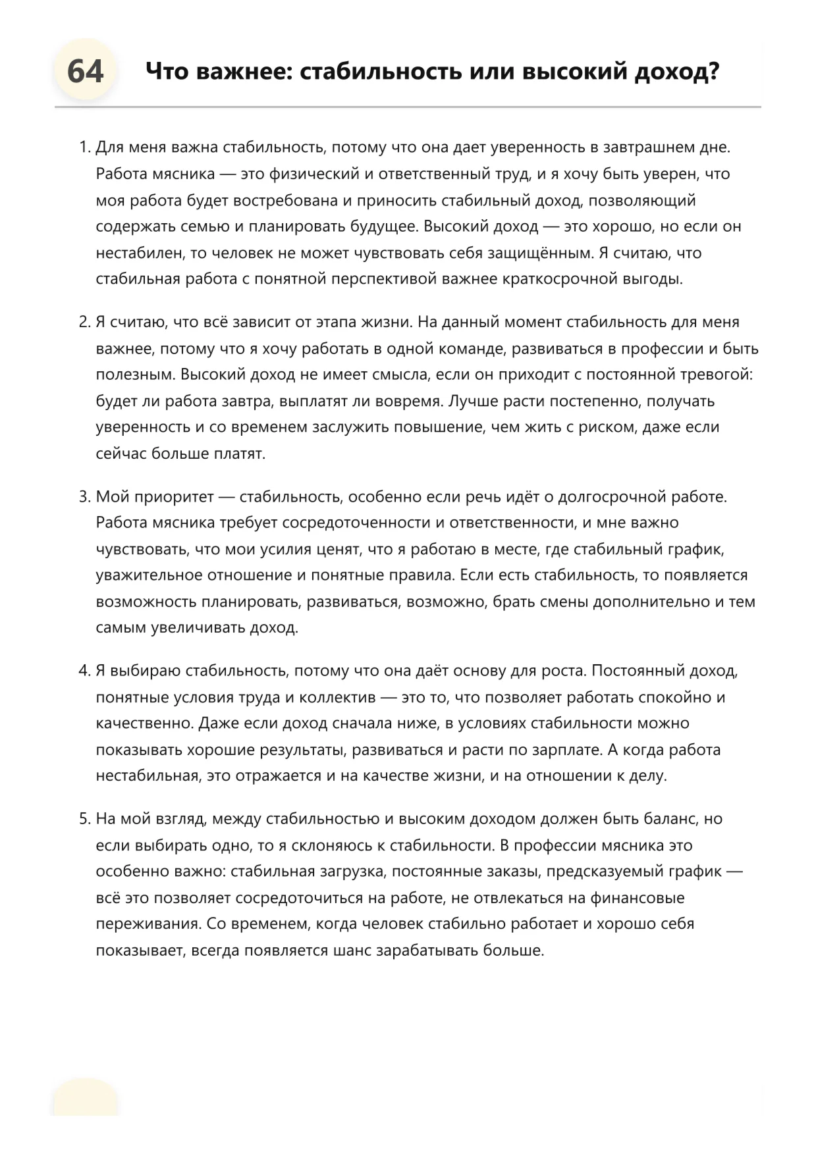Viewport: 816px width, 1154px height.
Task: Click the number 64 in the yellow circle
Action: pos(85,71)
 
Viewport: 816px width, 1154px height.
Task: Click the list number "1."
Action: pos(84,147)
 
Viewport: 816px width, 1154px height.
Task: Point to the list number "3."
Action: pos(84,496)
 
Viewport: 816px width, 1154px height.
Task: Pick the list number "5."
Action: pos(84,819)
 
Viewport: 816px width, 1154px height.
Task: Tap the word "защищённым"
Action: pos(536,253)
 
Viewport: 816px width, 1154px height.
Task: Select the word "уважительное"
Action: pos(150,575)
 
